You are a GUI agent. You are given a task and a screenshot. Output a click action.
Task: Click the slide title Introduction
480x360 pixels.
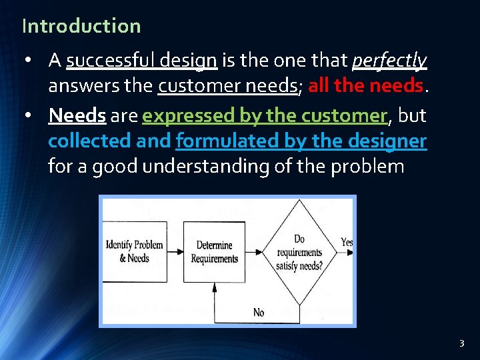point(81,26)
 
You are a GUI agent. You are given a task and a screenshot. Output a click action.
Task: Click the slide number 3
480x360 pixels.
point(461,344)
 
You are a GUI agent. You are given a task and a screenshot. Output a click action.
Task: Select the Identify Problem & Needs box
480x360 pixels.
point(135,251)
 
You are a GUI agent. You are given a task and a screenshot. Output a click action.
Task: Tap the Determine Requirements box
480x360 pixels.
point(214,251)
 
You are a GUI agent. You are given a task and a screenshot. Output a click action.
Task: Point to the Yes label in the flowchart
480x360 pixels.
point(347,243)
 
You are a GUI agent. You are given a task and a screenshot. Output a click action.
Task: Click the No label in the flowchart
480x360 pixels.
point(259,312)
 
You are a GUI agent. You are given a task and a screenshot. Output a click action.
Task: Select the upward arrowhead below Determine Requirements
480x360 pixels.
point(214,288)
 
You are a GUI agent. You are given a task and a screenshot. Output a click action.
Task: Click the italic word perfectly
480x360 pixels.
point(389,61)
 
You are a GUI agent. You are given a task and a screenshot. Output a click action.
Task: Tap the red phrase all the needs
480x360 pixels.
point(365,86)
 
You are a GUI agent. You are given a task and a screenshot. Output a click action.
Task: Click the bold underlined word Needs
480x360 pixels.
point(77,115)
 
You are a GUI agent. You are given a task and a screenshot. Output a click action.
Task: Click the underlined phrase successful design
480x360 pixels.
point(141,61)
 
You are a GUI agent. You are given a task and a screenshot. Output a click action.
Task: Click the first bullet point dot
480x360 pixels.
point(27,61)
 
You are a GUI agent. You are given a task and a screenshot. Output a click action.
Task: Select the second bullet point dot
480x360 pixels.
point(27,116)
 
